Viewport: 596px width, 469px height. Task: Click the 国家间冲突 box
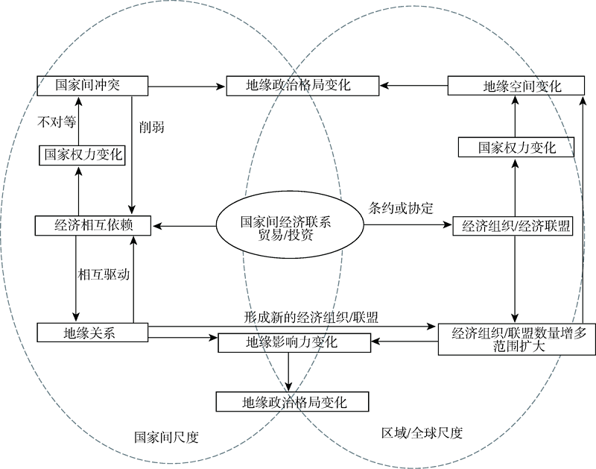[92, 86]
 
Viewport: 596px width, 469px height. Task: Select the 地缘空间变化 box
[516, 86]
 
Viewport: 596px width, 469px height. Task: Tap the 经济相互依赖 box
[92, 226]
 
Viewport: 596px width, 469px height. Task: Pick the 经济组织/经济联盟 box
[513, 227]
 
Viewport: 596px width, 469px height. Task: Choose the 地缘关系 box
[92, 333]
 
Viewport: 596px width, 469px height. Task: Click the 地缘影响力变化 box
[294, 343]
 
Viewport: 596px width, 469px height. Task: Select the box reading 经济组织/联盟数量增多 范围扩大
[516, 339]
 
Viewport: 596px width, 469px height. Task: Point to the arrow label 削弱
[152, 127]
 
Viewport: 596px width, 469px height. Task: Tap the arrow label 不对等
[57, 122]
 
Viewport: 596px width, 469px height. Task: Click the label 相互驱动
[104, 274]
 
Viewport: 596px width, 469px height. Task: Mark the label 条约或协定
[401, 208]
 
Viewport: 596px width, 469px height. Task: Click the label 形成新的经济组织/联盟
[311, 317]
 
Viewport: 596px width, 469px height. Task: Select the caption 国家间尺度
[166, 437]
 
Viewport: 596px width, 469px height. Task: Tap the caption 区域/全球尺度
[422, 433]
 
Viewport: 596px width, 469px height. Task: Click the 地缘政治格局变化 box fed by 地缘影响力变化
[292, 402]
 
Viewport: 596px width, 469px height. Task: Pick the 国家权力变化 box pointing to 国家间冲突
[82, 155]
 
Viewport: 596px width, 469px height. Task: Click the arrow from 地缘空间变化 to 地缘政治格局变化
[413, 86]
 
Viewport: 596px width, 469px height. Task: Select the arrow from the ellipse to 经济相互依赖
[184, 226]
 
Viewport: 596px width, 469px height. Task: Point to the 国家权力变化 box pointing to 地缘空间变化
[516, 147]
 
